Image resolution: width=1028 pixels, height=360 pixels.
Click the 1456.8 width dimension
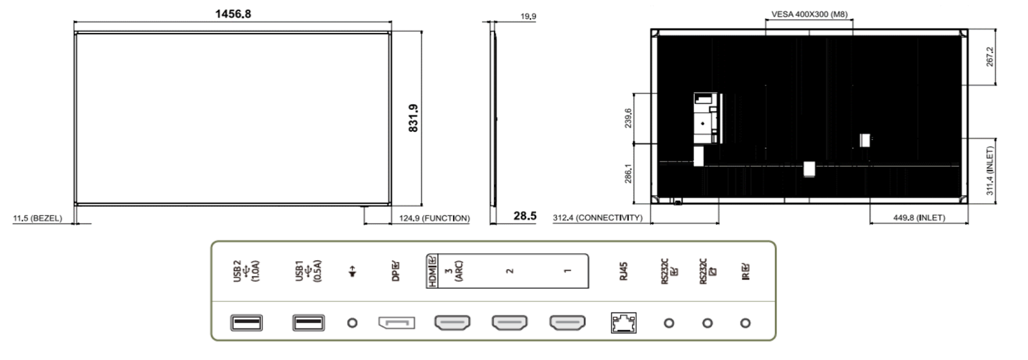point(233,14)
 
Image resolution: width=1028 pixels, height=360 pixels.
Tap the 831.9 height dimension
point(413,118)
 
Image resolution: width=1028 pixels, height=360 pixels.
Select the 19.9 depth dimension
point(528,16)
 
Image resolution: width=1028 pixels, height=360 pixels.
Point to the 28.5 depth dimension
point(525,215)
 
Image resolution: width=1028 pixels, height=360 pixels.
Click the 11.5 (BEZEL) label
point(37,218)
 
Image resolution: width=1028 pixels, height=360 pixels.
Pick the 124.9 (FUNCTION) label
point(434,218)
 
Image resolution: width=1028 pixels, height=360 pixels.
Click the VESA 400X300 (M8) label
point(809,14)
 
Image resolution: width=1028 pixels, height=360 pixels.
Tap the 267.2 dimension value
point(990,56)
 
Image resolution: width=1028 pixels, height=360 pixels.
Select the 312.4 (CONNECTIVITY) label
point(598,218)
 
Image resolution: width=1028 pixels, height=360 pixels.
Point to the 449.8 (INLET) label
point(919,218)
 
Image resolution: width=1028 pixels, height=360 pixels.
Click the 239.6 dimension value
point(628,118)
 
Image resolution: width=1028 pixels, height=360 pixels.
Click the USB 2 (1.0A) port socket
point(247,323)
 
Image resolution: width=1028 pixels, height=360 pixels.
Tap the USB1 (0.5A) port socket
point(308,323)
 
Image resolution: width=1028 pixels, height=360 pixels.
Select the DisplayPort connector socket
point(397,323)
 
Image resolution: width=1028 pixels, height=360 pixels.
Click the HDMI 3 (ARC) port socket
point(452,323)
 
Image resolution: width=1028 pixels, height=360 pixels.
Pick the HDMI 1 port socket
point(568,323)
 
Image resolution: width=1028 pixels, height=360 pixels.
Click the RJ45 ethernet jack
point(624,323)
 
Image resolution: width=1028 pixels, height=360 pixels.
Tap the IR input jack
point(745,323)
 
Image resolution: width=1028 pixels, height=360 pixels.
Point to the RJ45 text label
point(623,272)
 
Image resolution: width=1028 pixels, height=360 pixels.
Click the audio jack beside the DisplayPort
point(352,323)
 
